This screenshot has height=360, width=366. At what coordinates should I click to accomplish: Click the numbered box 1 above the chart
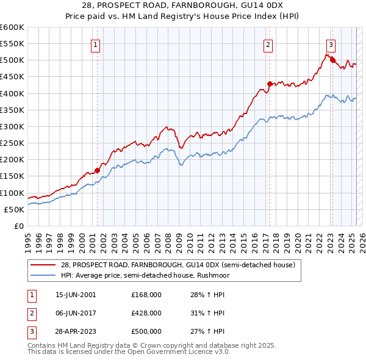pyautogui.click(x=97, y=44)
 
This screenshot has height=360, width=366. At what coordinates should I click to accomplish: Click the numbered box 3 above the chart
pyautogui.click(x=330, y=44)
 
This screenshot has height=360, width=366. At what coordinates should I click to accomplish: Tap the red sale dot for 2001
pyautogui.click(x=97, y=170)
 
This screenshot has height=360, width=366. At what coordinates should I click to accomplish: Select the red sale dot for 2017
pyautogui.click(x=269, y=84)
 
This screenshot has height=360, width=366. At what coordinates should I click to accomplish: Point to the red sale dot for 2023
pyautogui.click(x=332, y=60)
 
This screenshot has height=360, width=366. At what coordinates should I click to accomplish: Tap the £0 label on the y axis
pyautogui.click(x=19, y=226)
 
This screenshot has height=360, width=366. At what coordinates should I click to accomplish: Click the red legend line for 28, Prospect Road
pyautogui.click(x=43, y=265)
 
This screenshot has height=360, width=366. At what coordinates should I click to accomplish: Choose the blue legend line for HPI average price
pyautogui.click(x=43, y=275)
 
